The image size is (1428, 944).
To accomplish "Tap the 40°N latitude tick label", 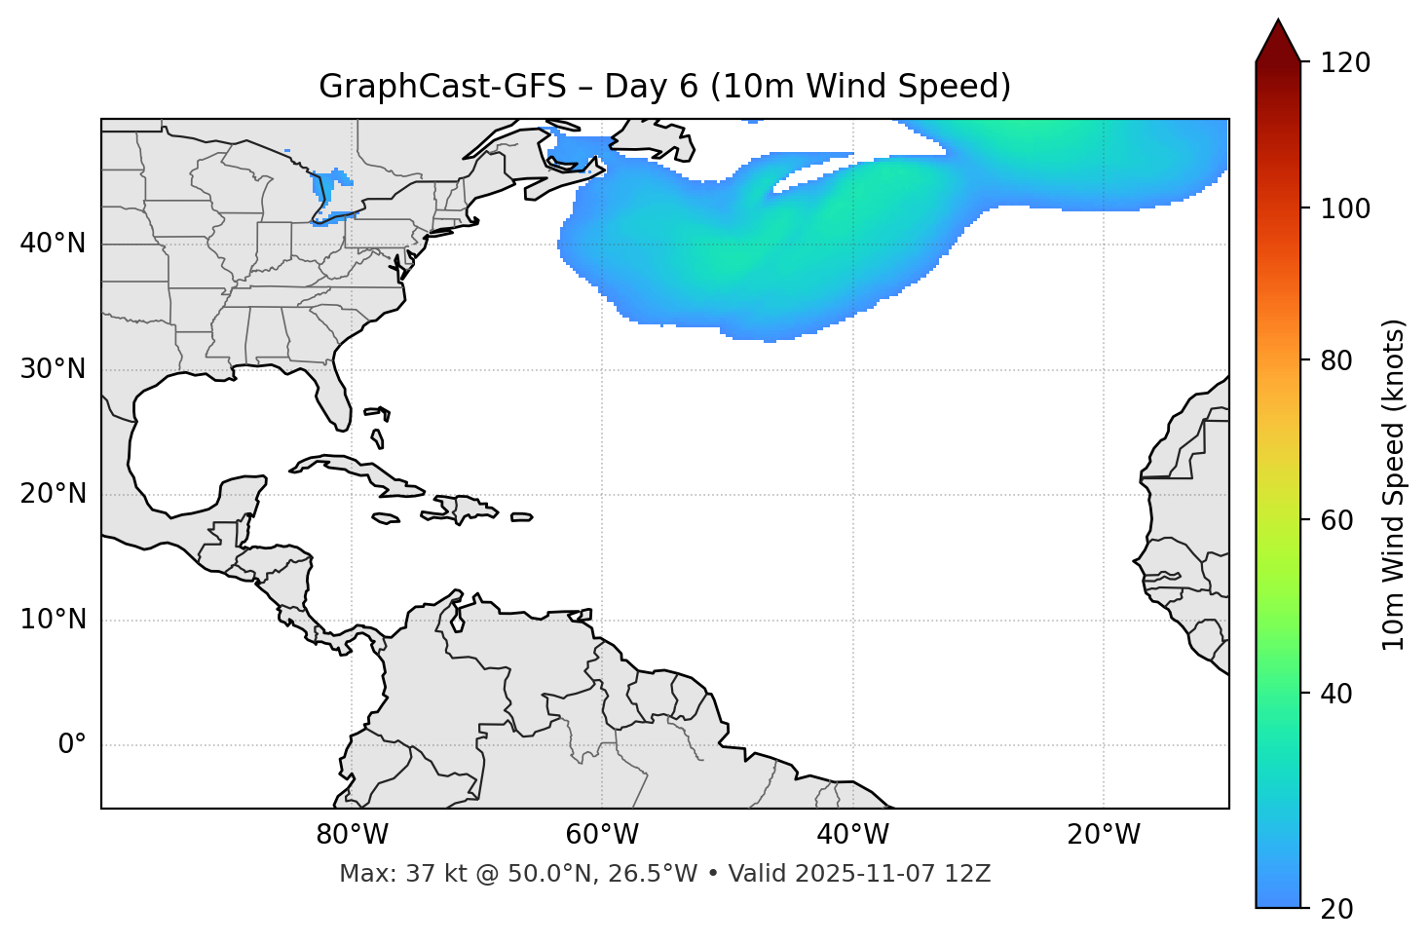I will tap(54, 244).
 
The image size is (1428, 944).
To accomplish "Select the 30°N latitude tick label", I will tap(54, 369).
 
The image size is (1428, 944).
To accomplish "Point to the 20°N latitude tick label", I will tap(54, 494).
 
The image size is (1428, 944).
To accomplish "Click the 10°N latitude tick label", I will tap(54, 620).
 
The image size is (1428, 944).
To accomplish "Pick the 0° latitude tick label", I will tap(72, 745).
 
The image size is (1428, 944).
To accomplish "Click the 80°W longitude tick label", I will tap(352, 835).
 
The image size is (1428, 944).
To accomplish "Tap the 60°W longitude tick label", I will tap(602, 835).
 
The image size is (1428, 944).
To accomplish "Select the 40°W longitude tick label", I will tap(852, 835).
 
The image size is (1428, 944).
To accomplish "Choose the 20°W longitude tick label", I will tap(1103, 835).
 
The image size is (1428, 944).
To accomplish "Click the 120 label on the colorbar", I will tap(1345, 63).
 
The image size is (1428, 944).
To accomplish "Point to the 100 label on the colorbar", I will tap(1345, 208).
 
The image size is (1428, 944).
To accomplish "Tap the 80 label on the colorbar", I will tap(1338, 360).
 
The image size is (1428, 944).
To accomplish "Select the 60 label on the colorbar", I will tap(1338, 520).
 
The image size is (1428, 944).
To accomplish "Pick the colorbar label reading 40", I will tap(1338, 694).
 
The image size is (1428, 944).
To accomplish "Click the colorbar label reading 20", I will tap(1338, 909).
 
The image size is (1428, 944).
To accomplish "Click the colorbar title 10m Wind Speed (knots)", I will tap(1394, 484).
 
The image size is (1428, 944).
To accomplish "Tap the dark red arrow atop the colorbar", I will tap(1278, 41).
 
